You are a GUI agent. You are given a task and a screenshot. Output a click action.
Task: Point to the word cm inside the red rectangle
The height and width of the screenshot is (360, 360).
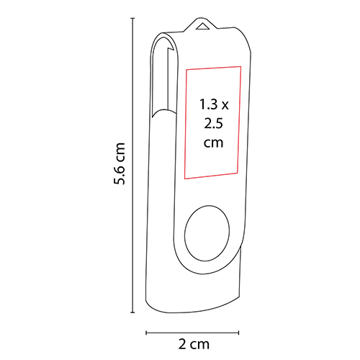click(x=212, y=143)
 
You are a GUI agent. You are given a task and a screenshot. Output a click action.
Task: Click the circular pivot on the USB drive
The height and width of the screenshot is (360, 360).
click(x=207, y=235)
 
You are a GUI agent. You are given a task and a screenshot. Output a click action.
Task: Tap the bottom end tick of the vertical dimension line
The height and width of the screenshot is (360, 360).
click(x=133, y=312)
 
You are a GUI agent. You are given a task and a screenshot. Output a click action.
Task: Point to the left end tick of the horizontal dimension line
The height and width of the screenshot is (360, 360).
click(x=147, y=333)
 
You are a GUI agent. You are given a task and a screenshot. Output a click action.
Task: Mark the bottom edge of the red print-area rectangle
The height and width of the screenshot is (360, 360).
click(x=212, y=177)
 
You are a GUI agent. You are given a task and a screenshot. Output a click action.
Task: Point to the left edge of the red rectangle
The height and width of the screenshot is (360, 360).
click(x=186, y=122)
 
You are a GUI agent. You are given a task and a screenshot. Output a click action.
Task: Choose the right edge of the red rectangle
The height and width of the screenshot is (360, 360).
click(x=239, y=122)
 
